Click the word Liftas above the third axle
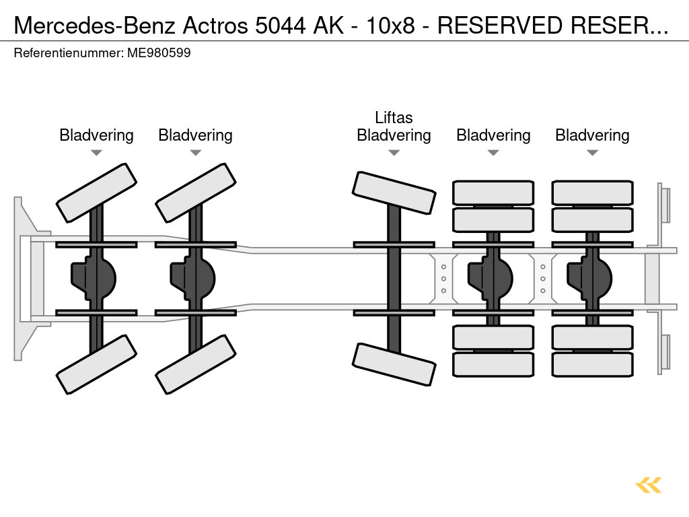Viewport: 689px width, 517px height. (394, 118)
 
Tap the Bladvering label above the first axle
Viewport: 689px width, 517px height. (96, 135)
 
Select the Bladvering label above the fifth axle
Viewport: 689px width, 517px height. (592, 135)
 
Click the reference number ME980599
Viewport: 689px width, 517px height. (158, 53)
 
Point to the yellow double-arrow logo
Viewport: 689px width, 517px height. (649, 485)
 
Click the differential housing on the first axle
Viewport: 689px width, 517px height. (94, 276)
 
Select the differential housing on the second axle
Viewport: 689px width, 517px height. (193, 276)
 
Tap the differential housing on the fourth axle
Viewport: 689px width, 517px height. (491, 276)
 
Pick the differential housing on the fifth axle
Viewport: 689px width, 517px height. (590, 276)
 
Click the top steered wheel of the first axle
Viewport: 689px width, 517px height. (96, 193)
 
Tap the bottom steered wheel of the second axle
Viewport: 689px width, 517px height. (195, 364)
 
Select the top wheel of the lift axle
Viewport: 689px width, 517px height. (394, 193)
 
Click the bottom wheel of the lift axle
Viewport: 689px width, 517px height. (394, 364)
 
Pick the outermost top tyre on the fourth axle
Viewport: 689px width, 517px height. (493, 193)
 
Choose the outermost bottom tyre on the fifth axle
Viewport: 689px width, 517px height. (592, 364)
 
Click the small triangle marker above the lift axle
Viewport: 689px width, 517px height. (394, 153)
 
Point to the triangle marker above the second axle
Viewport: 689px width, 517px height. (195, 153)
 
